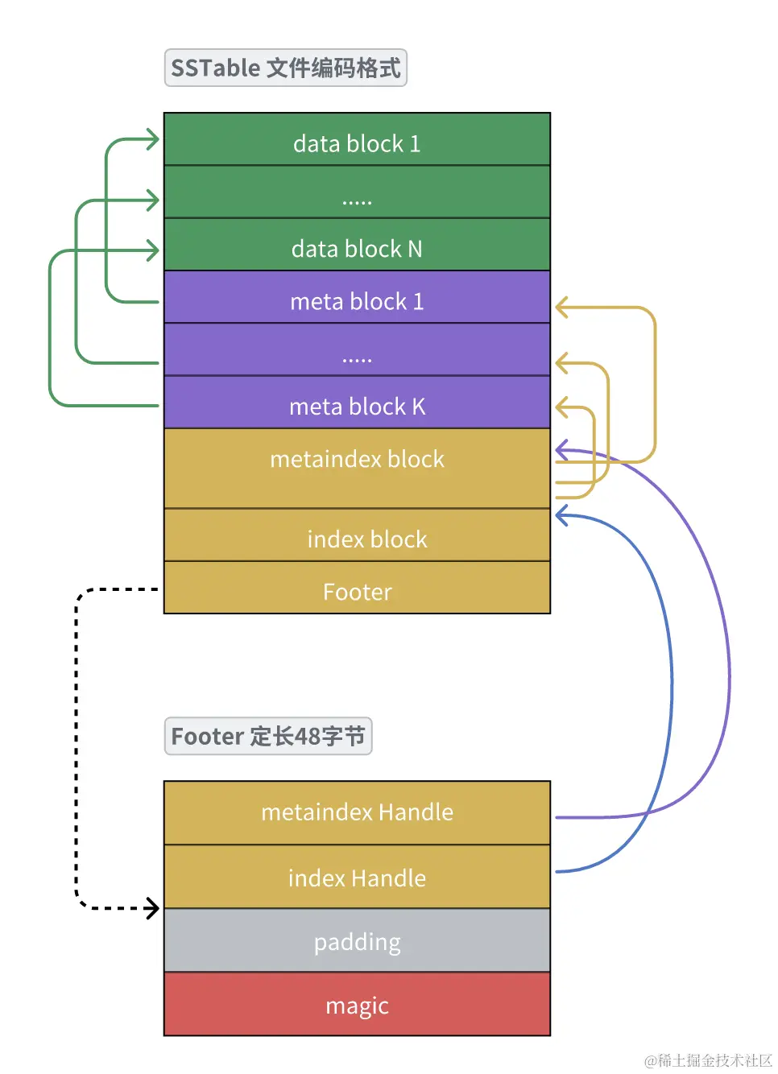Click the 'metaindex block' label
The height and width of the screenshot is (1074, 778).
(357, 460)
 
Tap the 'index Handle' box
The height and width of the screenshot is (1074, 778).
(357, 878)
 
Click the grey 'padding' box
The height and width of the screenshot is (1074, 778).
(357, 941)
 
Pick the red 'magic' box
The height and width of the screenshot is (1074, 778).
(357, 1005)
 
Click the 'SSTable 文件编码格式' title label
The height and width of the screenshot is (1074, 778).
(285, 68)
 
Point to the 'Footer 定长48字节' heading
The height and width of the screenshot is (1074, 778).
(268, 737)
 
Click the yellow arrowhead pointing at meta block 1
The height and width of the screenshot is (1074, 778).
(561, 307)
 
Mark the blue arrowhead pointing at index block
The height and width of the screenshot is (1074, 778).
(561, 515)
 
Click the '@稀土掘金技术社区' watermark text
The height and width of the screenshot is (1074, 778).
(708, 1060)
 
